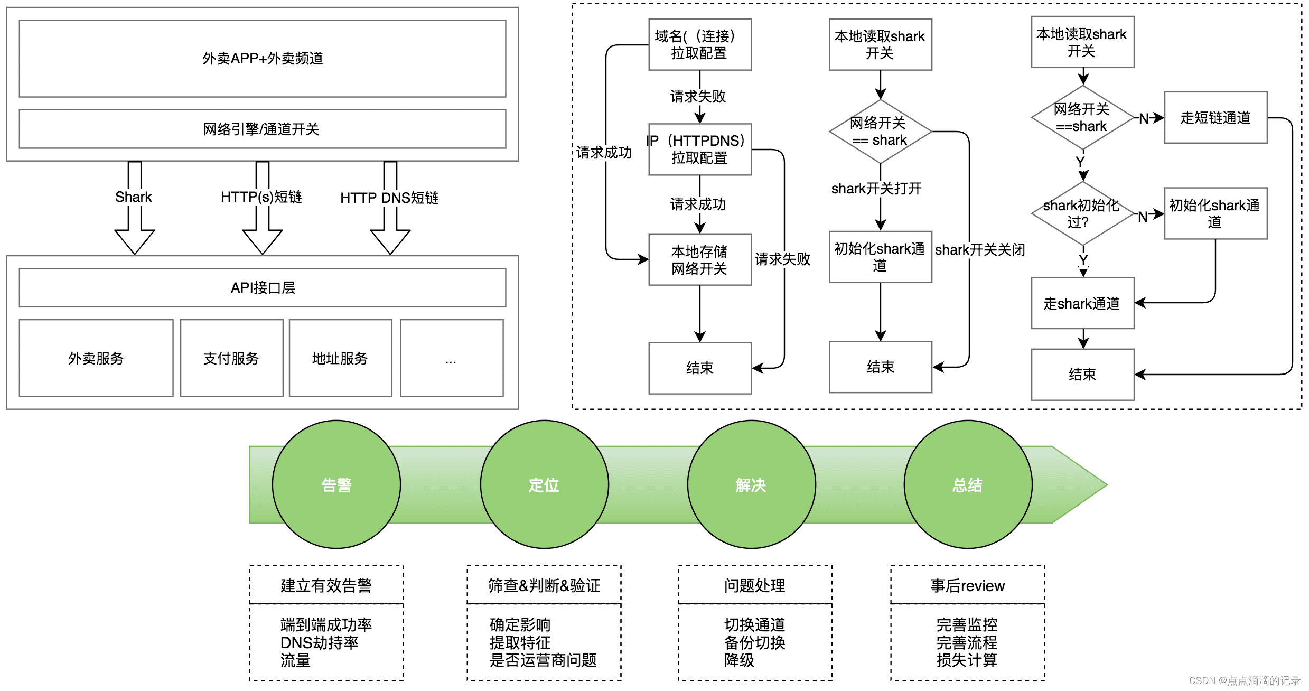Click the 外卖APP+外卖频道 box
coord(262,58)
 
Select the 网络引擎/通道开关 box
coord(262,129)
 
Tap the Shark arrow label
coord(134,197)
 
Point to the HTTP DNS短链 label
coord(389,198)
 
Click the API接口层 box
coord(262,287)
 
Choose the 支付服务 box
coord(231,358)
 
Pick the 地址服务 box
coord(340,358)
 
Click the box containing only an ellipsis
coord(452,358)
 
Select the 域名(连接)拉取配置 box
coord(700,44)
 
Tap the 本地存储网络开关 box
coord(700,259)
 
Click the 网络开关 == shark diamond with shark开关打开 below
coord(880,132)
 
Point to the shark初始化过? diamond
coord(1083,213)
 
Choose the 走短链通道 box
coord(1215,117)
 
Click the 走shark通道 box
coord(1082,303)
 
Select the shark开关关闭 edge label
coord(980,249)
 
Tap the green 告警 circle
coord(336,484)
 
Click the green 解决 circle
coord(751,484)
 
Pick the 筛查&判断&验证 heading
coord(544,585)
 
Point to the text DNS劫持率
coord(320,642)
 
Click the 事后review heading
coord(968,585)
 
